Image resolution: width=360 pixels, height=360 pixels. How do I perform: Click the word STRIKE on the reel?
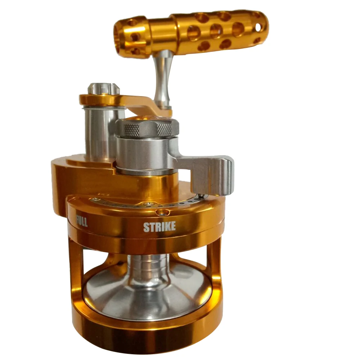click(x=159, y=226)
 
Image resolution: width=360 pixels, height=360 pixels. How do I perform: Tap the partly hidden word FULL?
click(x=82, y=221)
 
